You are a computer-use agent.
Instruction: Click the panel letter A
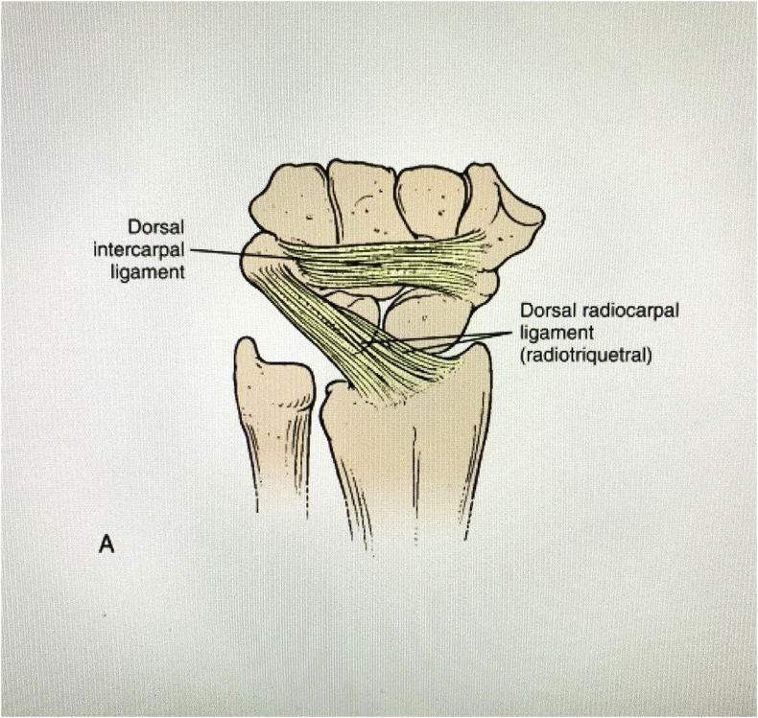108,545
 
